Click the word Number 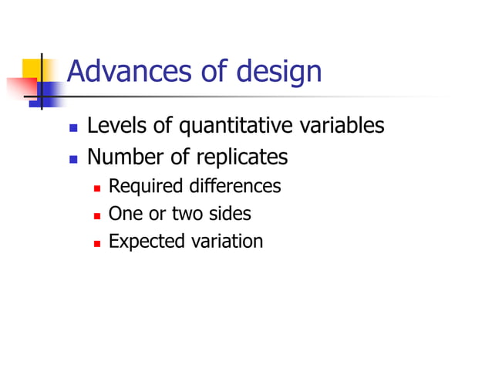coord(122,157)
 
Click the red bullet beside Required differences coord(97,188)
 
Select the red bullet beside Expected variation coord(97,242)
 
